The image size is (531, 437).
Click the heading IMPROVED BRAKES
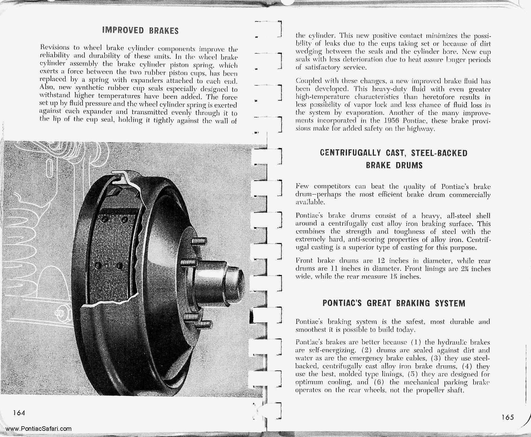[140, 31]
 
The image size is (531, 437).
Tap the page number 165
[507, 417]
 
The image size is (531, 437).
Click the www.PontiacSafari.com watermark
[38, 429]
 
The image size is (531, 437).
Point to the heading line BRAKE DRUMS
[394, 165]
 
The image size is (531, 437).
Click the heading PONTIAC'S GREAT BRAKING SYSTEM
[394, 303]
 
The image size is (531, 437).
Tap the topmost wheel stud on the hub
[199, 241]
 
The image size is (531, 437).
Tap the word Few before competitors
[302, 187]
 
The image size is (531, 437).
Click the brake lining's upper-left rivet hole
[105, 219]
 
